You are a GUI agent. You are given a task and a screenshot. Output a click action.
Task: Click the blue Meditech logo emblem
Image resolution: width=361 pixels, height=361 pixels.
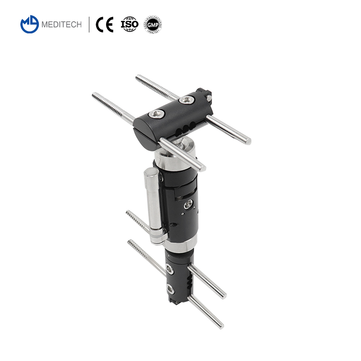30,24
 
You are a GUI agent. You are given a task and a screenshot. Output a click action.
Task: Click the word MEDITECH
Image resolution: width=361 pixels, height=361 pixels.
61,25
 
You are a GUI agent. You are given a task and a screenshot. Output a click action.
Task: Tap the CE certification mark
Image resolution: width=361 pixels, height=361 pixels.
106,24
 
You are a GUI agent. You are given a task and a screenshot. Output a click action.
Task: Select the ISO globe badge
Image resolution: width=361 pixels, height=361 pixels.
130,24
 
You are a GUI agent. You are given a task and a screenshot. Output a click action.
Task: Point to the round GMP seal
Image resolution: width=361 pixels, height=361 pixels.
153,24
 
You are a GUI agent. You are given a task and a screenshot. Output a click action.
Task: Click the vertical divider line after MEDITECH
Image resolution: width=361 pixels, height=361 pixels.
89,24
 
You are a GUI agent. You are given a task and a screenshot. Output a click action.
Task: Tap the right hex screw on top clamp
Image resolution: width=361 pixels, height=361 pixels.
185,100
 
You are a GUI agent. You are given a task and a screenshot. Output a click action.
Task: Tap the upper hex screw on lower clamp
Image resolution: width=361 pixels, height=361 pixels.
169,270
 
